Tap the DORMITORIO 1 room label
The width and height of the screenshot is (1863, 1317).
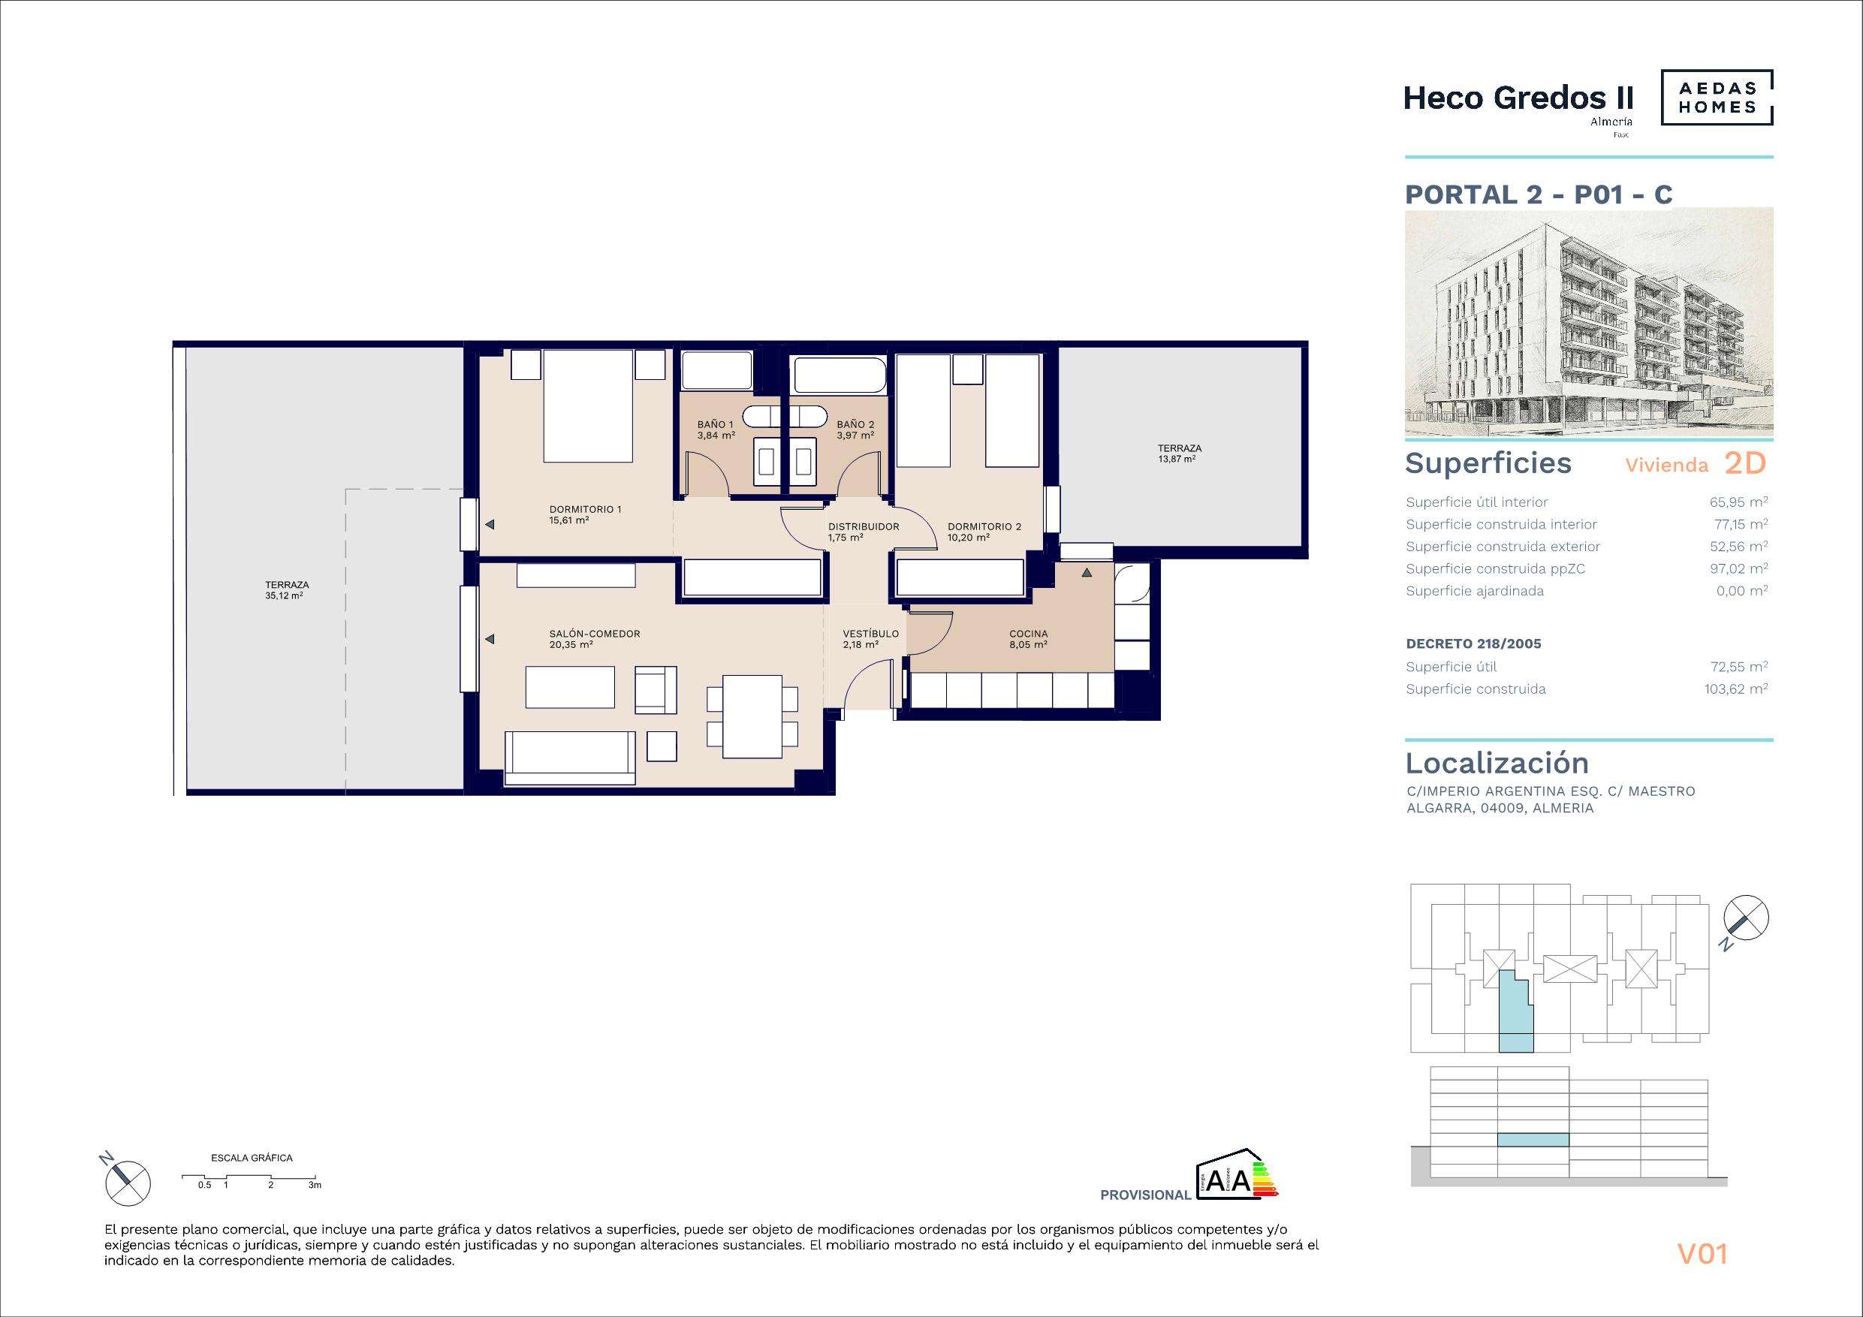[585, 510]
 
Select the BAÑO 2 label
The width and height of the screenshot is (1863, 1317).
[855, 424]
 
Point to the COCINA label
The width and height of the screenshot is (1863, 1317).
[1028, 634]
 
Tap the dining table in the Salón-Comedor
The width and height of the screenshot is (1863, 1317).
[752, 716]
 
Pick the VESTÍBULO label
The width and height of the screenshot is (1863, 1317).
[870, 634]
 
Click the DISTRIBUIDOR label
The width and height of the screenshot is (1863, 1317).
[864, 526]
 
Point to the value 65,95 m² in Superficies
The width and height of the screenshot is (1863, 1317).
[1739, 502]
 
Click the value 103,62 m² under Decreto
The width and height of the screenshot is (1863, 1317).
[1735, 689]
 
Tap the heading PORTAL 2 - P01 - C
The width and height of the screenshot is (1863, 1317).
[1539, 194]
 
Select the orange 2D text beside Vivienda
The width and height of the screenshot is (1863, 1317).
[1744, 463]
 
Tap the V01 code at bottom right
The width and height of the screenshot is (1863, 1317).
[1703, 1255]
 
